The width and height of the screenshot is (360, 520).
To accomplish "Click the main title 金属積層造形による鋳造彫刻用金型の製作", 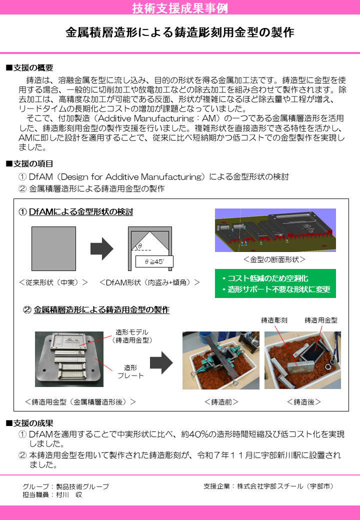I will [x=180, y=33].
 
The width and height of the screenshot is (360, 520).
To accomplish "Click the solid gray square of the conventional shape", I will [x=54, y=248].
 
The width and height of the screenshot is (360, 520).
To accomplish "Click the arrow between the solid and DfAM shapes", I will [x=102, y=248].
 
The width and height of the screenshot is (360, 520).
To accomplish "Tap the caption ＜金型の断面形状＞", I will [x=274, y=260].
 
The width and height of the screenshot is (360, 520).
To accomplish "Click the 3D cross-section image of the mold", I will [x=275, y=230].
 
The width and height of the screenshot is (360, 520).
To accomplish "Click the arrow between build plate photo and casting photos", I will [x=160, y=362].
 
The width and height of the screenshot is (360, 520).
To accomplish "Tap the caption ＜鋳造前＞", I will [x=221, y=401].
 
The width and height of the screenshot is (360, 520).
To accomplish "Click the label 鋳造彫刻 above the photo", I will [x=274, y=320].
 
